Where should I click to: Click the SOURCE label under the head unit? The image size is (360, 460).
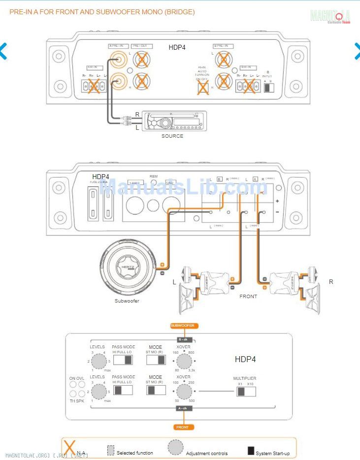point(172,136)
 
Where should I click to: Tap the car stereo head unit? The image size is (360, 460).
point(172,121)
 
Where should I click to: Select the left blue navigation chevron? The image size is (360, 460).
point(3,51)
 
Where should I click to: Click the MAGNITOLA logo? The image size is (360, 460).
point(330,16)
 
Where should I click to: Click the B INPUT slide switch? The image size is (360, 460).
point(268,87)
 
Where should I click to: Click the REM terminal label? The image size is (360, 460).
point(154,176)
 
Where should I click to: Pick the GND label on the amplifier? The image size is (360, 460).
point(170,182)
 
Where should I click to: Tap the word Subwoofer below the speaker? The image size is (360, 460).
point(127,301)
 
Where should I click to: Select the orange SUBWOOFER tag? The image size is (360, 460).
point(182,326)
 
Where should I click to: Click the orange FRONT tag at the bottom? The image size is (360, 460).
point(182,427)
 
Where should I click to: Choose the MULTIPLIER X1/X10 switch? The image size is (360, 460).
point(246,391)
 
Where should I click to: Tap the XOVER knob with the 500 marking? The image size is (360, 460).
point(184,392)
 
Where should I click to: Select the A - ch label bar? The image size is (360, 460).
point(182,408)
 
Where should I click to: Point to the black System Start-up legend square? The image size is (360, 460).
point(251,451)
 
